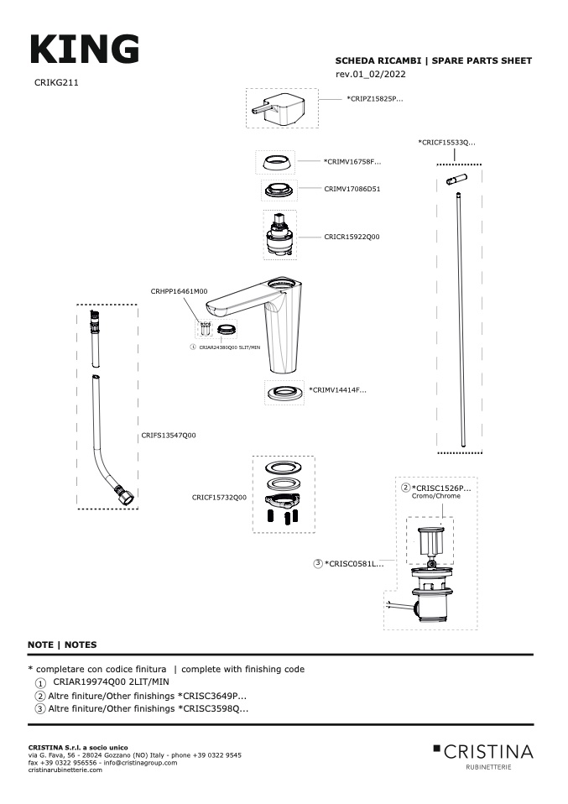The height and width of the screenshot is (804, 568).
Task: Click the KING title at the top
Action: (x=84, y=50)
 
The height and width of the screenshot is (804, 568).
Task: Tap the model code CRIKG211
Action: (x=57, y=84)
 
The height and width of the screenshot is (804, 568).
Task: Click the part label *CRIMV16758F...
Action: (x=352, y=161)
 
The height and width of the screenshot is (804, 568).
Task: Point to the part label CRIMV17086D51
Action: (x=352, y=189)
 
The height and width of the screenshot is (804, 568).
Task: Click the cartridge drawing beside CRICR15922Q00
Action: (x=279, y=236)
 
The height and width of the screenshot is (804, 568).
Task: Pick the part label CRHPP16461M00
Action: (x=179, y=291)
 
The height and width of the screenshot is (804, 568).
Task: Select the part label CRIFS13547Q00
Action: (x=169, y=436)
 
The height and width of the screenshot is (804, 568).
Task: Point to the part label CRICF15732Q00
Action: (x=219, y=498)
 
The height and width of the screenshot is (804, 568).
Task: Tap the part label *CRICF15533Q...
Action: (x=446, y=144)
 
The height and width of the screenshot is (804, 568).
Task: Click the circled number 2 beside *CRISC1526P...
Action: (x=405, y=488)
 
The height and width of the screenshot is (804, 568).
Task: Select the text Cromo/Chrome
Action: (x=436, y=497)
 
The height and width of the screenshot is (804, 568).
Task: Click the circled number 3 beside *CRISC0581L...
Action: (x=318, y=563)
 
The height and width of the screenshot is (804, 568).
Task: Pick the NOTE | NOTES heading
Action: (x=62, y=645)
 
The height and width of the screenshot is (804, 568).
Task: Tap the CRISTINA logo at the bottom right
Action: (x=483, y=752)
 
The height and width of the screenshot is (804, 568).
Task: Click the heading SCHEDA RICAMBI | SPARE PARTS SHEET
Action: (x=433, y=61)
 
